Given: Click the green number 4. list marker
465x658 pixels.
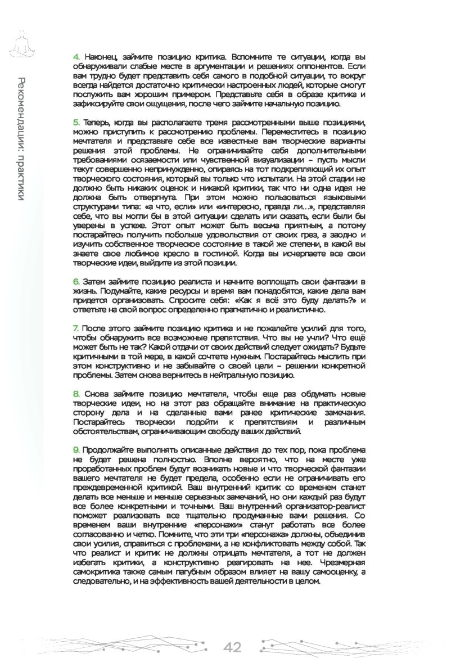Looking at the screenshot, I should (76, 57).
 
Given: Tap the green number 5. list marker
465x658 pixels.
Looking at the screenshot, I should (76, 123).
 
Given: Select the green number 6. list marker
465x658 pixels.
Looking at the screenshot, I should (76, 281).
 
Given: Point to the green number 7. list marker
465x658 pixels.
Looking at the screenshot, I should (76, 328).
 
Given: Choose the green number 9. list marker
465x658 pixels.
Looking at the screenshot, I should (76, 450).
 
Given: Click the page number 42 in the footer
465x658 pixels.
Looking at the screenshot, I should (232, 647).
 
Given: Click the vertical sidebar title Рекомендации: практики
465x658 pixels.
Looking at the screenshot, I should (21, 137).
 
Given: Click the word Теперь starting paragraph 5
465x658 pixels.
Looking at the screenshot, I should (97, 123).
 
